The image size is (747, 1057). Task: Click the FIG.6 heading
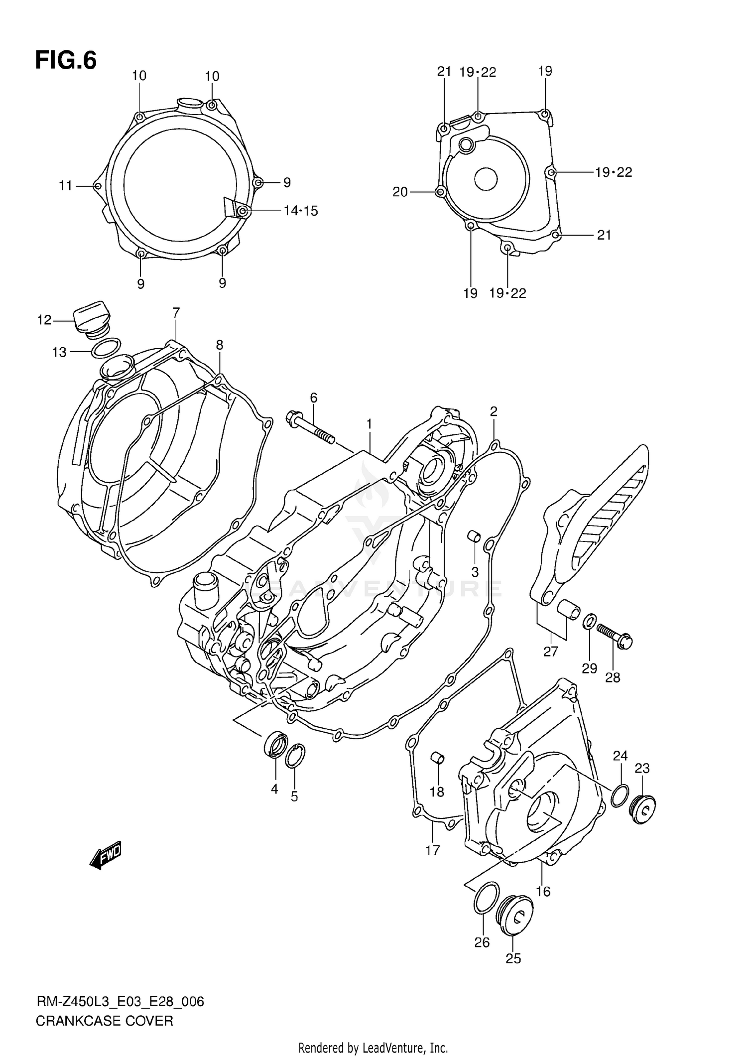(66, 61)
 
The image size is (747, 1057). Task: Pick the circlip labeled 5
(295, 757)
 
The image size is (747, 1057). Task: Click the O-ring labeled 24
(619, 796)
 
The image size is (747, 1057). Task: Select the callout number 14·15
(300, 211)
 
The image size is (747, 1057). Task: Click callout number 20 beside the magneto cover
(400, 192)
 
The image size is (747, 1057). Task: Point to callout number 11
(65, 186)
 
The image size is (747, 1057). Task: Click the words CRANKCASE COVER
(104, 1021)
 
